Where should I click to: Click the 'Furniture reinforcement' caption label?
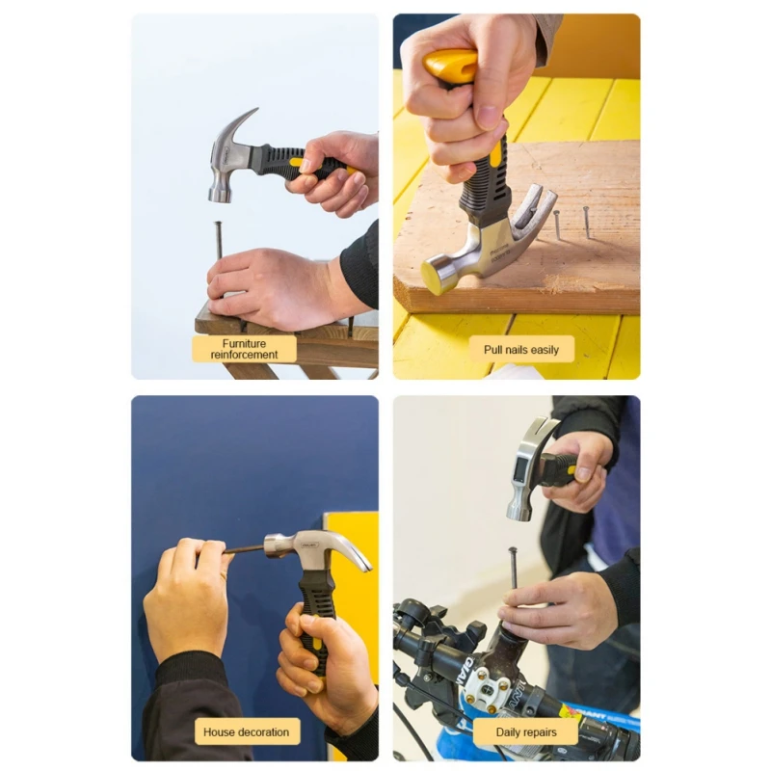244,348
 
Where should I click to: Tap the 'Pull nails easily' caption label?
520,349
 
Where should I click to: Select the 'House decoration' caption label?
246,731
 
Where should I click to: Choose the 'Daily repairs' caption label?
526,731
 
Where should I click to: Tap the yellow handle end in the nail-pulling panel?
451,66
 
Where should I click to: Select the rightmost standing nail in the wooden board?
585,221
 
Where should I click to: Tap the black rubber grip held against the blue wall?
314,617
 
